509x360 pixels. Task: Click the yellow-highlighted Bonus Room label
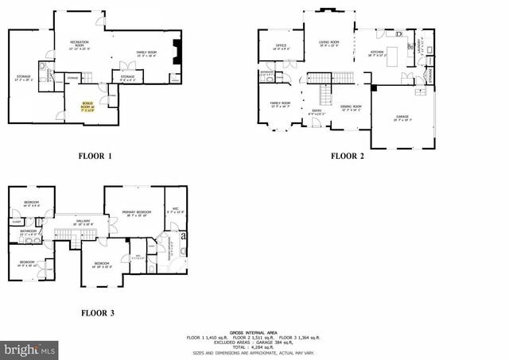pos(87,106)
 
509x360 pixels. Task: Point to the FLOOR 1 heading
pos(95,156)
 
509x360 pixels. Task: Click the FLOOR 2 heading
pos(347,156)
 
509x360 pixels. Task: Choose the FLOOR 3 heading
pos(98,313)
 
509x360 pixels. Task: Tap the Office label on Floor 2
pos(281,46)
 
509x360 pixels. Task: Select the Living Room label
pos(329,42)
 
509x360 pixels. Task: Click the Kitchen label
pos(377,53)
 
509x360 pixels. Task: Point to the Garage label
pos(402,117)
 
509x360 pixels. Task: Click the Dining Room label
pos(351,106)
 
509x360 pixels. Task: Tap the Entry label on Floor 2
pos(316,111)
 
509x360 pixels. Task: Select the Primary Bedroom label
pos(136,212)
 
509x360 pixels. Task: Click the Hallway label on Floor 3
pos(83,221)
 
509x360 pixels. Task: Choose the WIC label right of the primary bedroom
pos(175,211)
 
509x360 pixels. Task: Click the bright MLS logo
pos(29,349)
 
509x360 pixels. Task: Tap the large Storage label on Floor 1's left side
pos(24,77)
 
